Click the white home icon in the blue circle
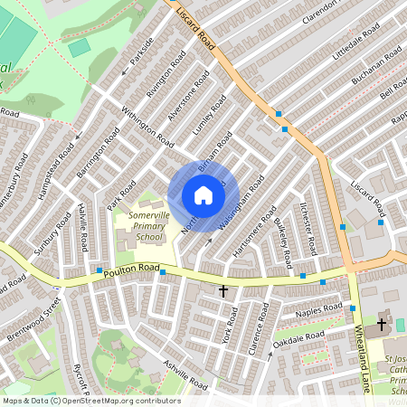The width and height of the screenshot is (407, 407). click(203, 195)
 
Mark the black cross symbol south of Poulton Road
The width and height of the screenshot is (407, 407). click(223, 290)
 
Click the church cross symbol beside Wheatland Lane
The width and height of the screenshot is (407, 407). click(381, 323)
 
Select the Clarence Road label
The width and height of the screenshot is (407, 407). click(259, 331)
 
